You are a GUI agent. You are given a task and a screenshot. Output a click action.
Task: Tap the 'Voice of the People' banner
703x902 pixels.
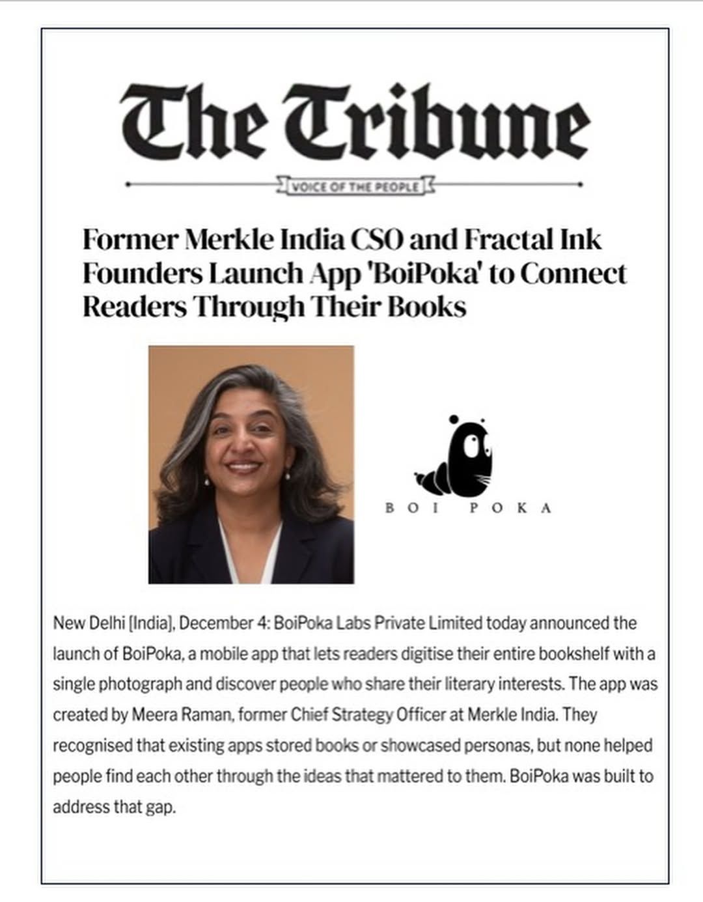(355, 187)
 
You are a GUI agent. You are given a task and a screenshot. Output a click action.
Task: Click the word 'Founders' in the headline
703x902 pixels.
(141, 274)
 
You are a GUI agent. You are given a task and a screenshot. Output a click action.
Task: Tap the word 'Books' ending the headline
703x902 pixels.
(427, 306)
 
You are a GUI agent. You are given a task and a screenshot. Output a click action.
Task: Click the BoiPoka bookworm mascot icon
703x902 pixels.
(456, 456)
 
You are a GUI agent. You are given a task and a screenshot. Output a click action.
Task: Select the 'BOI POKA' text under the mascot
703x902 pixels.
(468, 508)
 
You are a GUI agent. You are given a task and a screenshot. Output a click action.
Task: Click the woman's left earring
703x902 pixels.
(287, 476)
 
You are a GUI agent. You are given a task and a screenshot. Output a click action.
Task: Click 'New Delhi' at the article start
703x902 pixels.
(89, 623)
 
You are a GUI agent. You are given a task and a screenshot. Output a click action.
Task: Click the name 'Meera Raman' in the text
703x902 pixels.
(182, 714)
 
